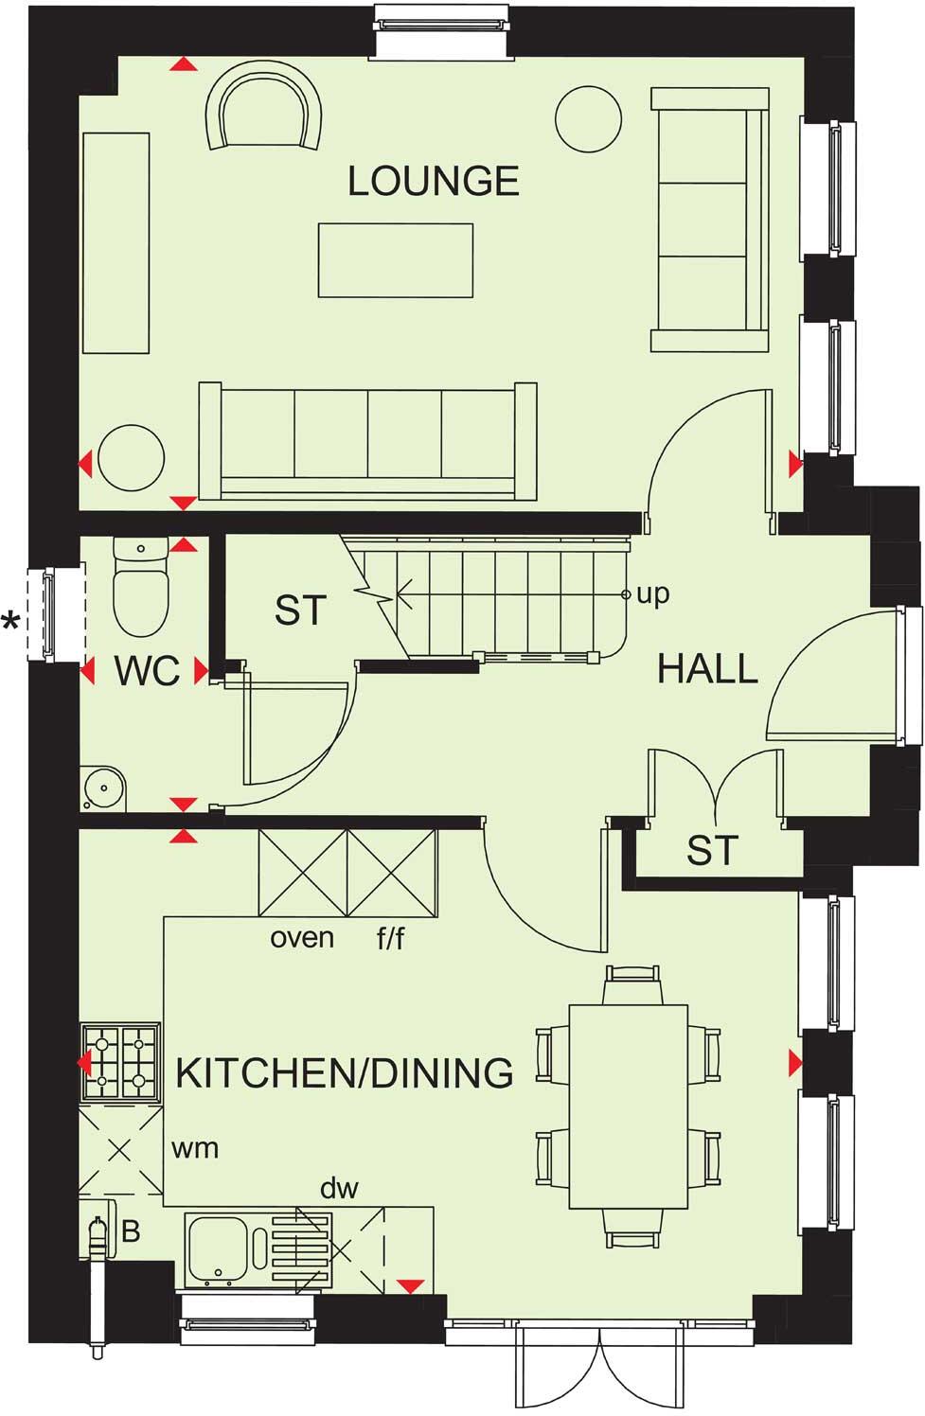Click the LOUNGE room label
pyautogui.click(x=434, y=181)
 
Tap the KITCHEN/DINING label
pyautogui.click(x=345, y=1073)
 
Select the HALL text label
pyautogui.click(x=707, y=669)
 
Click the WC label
pyautogui.click(x=147, y=671)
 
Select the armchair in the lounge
pyautogui.click(x=264, y=110)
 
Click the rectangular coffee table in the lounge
pyautogui.click(x=395, y=260)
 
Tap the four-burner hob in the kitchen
pyautogui.click(x=121, y=1061)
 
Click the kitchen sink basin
pyautogui.click(x=218, y=1249)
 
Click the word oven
pyautogui.click(x=302, y=938)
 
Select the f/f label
pyautogui.click(x=390, y=939)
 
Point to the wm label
pyautogui.click(x=195, y=1148)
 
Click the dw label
pyautogui.click(x=339, y=1188)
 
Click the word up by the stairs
pyautogui.click(x=652, y=594)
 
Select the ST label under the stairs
pyautogui.click(x=300, y=611)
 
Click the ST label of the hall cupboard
pyautogui.click(x=712, y=851)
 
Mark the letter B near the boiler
pyautogui.click(x=131, y=1231)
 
